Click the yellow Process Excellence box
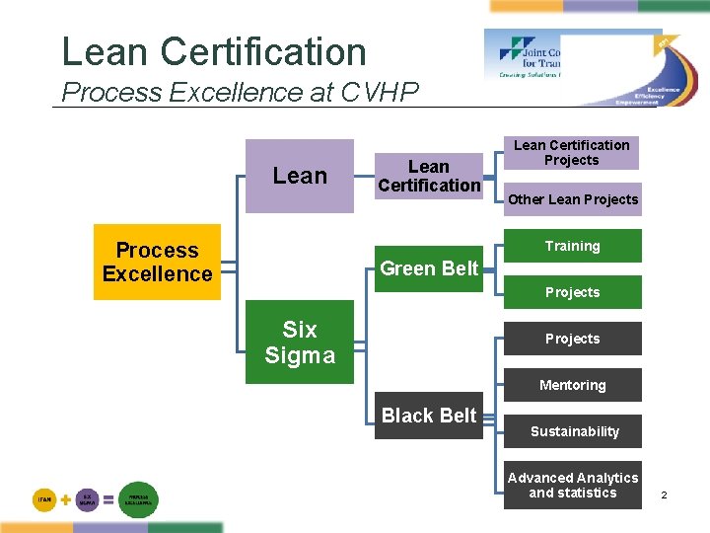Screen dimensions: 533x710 point(157,263)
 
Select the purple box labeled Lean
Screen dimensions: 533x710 point(299,176)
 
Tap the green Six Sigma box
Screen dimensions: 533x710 point(299,342)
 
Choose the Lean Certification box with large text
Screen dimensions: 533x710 point(429,176)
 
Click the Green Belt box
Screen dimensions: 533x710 point(429,268)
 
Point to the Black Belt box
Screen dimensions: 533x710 point(429,416)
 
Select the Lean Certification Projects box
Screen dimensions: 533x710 point(572,153)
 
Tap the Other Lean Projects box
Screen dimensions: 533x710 point(572,199)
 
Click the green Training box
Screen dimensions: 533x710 point(572,246)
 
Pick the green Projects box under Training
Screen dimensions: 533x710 point(572,292)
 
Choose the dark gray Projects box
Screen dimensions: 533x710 point(572,339)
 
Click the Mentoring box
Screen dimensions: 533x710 point(572,385)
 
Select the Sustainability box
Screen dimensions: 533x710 point(572,431)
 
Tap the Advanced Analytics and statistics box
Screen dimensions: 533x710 point(572,486)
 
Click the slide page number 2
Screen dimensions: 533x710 point(664,494)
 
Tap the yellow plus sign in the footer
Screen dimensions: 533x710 point(65,500)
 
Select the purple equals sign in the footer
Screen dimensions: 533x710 point(107,500)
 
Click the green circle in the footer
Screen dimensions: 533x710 point(138,500)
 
